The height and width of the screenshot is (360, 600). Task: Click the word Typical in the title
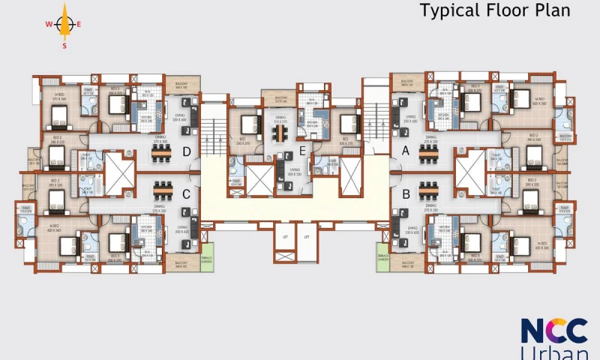point(448,10)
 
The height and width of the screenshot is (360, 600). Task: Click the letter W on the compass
point(48,24)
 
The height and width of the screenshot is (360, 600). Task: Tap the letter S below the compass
point(64,45)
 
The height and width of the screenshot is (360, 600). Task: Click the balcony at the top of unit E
point(279,98)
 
